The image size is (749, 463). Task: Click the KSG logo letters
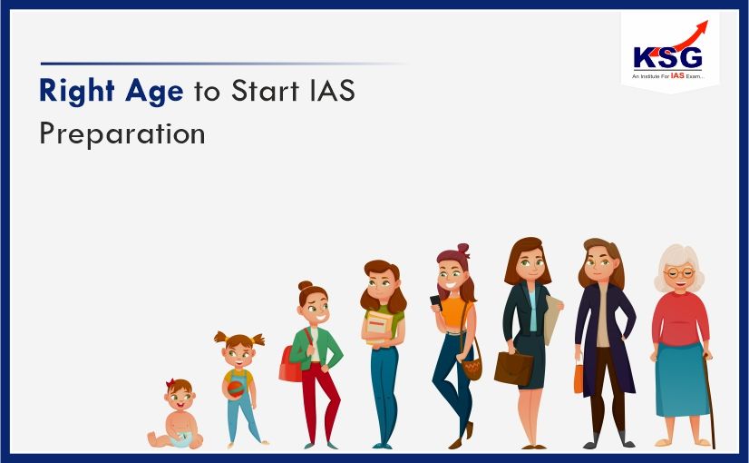pos(668,56)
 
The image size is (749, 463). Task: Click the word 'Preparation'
pos(122,133)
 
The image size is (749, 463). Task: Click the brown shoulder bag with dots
pos(472,368)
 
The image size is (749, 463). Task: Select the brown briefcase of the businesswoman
pos(513,368)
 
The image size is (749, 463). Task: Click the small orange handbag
pos(579,376)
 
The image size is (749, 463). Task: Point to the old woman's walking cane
pos(709,399)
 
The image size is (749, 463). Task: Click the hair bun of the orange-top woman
pos(462,249)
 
